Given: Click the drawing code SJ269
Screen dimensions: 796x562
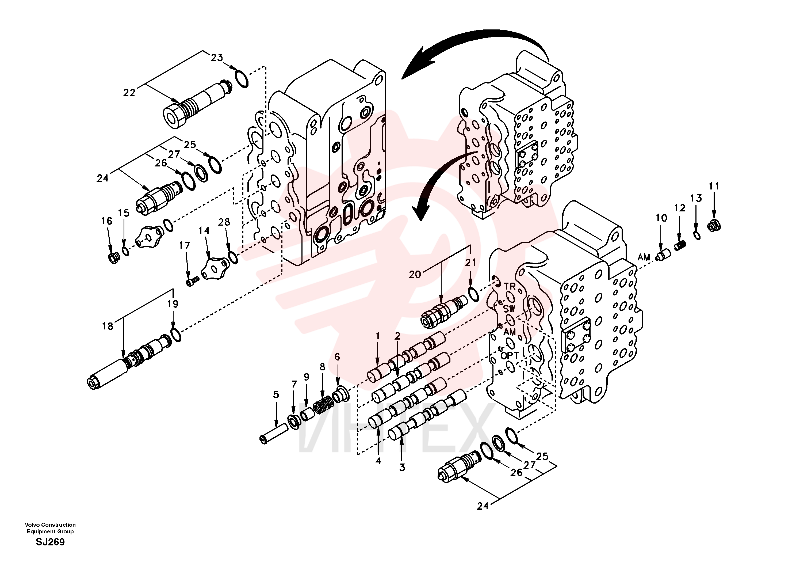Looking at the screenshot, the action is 50,542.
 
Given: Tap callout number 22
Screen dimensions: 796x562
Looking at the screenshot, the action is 129,93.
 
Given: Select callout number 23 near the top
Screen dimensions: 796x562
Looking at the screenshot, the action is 217,58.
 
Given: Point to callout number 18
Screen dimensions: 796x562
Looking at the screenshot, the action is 108,326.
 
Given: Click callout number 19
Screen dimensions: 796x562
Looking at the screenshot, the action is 173,304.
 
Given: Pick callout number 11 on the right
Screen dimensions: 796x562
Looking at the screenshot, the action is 714,186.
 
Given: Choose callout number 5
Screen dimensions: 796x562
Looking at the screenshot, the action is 276,394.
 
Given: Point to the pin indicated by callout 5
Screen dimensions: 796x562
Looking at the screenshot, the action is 274,434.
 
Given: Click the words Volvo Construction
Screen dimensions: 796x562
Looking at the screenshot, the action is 50,525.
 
